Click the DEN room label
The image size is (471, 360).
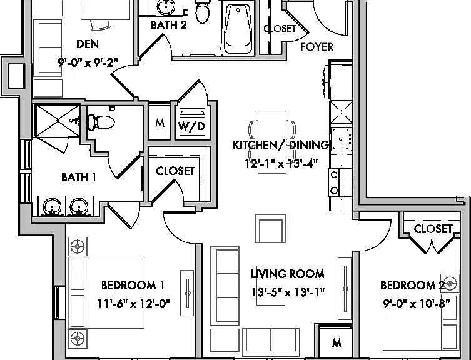pos(88,44)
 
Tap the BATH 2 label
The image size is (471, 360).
pos(168,25)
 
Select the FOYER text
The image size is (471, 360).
pos(317,47)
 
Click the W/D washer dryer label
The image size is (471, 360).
pos(191,126)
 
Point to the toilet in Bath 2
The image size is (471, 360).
pos(202,11)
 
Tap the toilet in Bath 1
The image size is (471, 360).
pos(101,122)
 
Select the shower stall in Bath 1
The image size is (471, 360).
pos(57,121)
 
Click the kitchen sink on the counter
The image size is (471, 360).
pos(340,139)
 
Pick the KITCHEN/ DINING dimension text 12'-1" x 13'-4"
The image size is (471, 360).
pos(281,164)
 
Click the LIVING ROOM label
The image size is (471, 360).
pos(288,274)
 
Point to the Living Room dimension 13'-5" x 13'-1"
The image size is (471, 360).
pos(288,292)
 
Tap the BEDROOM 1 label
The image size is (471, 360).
pos(133,286)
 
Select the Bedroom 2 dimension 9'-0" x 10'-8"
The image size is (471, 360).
pos(417,304)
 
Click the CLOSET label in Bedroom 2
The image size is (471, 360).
pos(433,229)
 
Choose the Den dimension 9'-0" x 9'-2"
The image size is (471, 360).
pos(88,62)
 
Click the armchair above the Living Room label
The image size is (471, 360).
pos(271,228)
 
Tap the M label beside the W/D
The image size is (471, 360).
pos(160,122)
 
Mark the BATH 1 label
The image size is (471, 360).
pos(79,177)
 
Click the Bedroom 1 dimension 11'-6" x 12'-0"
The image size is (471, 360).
pos(133,304)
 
